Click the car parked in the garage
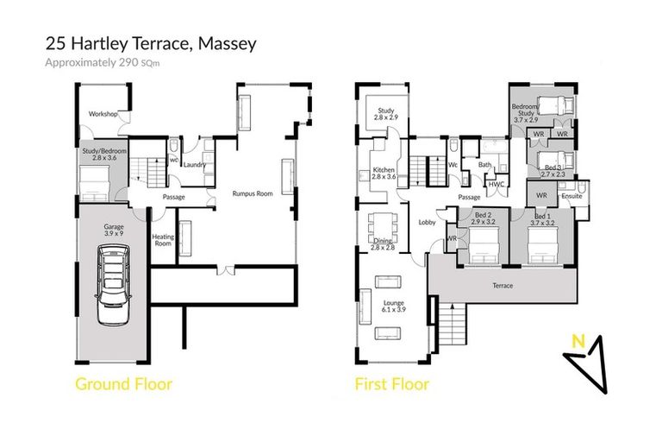pos(114,285)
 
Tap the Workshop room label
pos(103,113)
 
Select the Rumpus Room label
pos(253,194)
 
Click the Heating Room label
pos(164,240)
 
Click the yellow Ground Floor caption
pos(123,384)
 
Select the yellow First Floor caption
pos(391,384)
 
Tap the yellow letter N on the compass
pos(581,341)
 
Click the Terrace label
pos(503,286)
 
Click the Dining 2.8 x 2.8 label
pos(383,244)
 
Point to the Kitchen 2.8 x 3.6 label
pos(383,174)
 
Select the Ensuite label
pos(571,196)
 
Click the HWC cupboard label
pos(496,184)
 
